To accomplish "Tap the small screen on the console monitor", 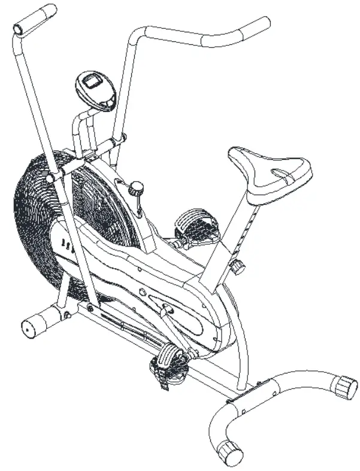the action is pyautogui.click(x=92, y=81).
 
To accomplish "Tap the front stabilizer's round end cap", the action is pyautogui.click(x=29, y=327).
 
